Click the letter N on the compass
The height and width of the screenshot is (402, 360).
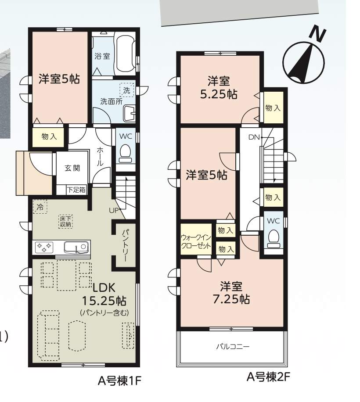coord(318,34)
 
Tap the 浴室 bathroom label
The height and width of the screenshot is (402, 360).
coord(102,56)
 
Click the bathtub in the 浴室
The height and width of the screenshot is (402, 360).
coord(125,54)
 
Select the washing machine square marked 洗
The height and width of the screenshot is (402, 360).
coord(127,90)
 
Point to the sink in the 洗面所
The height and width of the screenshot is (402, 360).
coord(129,114)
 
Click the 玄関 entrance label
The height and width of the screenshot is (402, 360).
coord(72,168)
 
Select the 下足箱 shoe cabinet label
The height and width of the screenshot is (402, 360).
coord(76,190)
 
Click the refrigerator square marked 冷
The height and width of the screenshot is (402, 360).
coord(40,207)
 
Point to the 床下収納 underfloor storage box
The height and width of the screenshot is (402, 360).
coord(66,222)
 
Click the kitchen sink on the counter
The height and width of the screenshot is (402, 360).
coord(76,248)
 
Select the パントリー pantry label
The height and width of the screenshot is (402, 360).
coord(125,245)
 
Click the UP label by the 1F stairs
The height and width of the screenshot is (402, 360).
coord(114,211)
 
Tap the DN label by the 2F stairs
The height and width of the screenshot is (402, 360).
coord(254,137)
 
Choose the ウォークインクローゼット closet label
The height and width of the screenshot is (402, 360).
coord(196,241)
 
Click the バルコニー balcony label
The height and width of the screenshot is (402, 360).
coord(233,347)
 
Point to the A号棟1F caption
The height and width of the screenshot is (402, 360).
coord(119,381)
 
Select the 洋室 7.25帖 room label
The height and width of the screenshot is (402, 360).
coord(231,293)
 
